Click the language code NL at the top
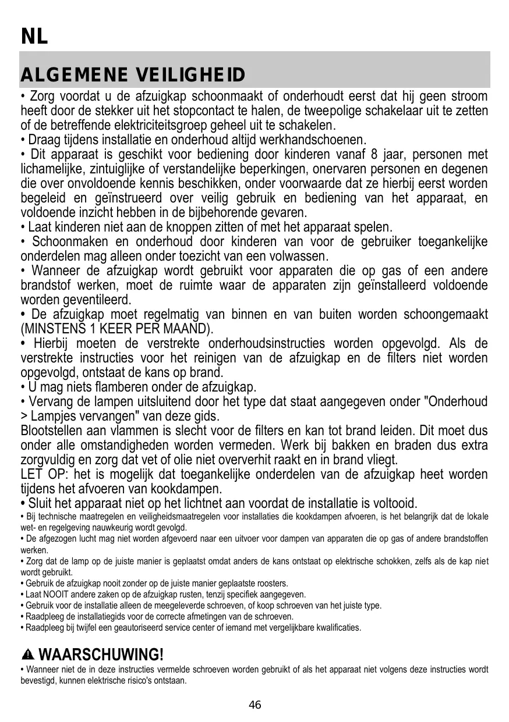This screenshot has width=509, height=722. tap(34, 37)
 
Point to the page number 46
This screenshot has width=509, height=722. tap(255, 705)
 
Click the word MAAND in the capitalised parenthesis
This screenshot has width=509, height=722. tap(185, 329)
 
